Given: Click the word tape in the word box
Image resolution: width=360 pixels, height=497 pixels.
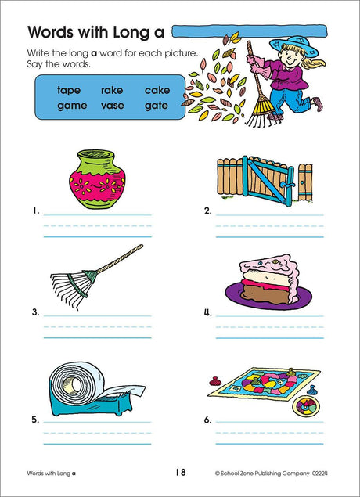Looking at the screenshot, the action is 69,91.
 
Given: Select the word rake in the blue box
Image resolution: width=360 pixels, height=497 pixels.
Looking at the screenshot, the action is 112,90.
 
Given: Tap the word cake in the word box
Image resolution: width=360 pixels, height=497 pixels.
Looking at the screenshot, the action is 157,90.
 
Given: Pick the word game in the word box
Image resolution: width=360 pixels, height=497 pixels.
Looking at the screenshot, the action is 72,106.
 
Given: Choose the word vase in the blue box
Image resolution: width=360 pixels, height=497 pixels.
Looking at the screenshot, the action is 113,106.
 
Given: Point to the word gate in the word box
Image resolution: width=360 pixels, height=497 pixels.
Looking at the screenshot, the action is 157,106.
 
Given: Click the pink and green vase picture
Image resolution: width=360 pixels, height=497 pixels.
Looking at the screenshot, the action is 97,179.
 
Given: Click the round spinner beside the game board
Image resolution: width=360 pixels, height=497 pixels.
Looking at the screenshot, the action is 304,405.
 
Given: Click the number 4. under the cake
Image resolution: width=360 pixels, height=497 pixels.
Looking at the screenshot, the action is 207,313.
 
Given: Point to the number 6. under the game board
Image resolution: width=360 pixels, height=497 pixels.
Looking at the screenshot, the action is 207,420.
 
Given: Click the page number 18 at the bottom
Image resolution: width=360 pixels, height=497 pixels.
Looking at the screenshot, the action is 181,473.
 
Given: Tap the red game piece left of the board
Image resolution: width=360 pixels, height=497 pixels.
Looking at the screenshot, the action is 214,380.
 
